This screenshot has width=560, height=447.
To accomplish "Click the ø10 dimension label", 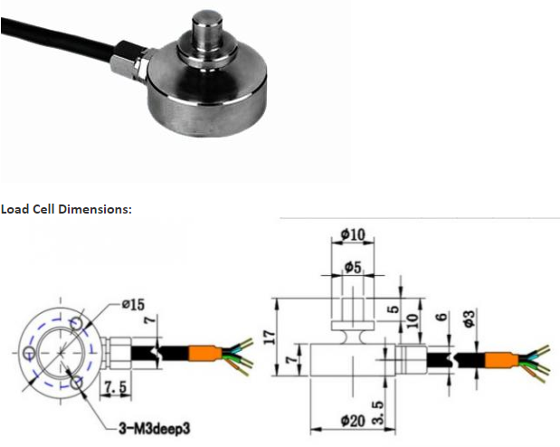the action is coord(353,234).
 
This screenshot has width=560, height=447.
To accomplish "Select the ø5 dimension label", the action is coord(353,267).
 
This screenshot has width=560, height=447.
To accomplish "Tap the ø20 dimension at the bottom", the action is coord(353,421).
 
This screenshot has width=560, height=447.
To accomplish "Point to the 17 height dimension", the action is coord(271,337).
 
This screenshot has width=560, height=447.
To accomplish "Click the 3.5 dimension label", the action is coord(378,412).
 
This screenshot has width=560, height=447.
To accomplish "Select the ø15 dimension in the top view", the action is coord(133,304).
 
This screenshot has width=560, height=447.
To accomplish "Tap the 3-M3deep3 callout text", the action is coord(155,428).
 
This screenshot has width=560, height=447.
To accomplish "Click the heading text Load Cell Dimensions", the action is coord(66,209).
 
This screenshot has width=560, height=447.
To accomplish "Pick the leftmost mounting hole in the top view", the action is coord(29,353).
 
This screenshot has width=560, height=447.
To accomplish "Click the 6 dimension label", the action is coord(442,317).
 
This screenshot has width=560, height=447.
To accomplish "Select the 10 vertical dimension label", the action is coord(413,321).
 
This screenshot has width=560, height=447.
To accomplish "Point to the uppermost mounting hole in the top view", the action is coord(76,324).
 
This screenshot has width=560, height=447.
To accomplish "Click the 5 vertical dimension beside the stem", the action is coord(394,309).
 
